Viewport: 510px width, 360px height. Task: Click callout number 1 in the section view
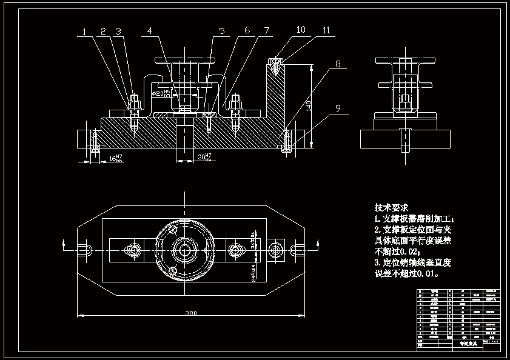(85, 32)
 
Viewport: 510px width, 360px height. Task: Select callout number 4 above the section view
(150, 30)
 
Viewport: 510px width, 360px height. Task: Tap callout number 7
(266, 30)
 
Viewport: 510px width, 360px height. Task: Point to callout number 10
(301, 29)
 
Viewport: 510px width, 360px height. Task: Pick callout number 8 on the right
(338, 64)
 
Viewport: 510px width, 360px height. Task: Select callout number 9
(338, 108)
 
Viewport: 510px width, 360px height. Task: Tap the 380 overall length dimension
(191, 313)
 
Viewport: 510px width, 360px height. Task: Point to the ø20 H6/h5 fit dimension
(162, 93)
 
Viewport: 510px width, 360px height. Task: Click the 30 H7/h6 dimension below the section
(204, 158)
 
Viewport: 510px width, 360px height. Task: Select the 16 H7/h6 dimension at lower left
(115, 158)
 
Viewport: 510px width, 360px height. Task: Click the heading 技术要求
(392, 207)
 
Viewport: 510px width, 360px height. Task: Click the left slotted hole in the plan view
(85, 249)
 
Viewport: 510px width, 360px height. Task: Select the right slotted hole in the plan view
(297, 249)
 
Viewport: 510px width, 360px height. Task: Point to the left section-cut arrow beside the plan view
(65, 244)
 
